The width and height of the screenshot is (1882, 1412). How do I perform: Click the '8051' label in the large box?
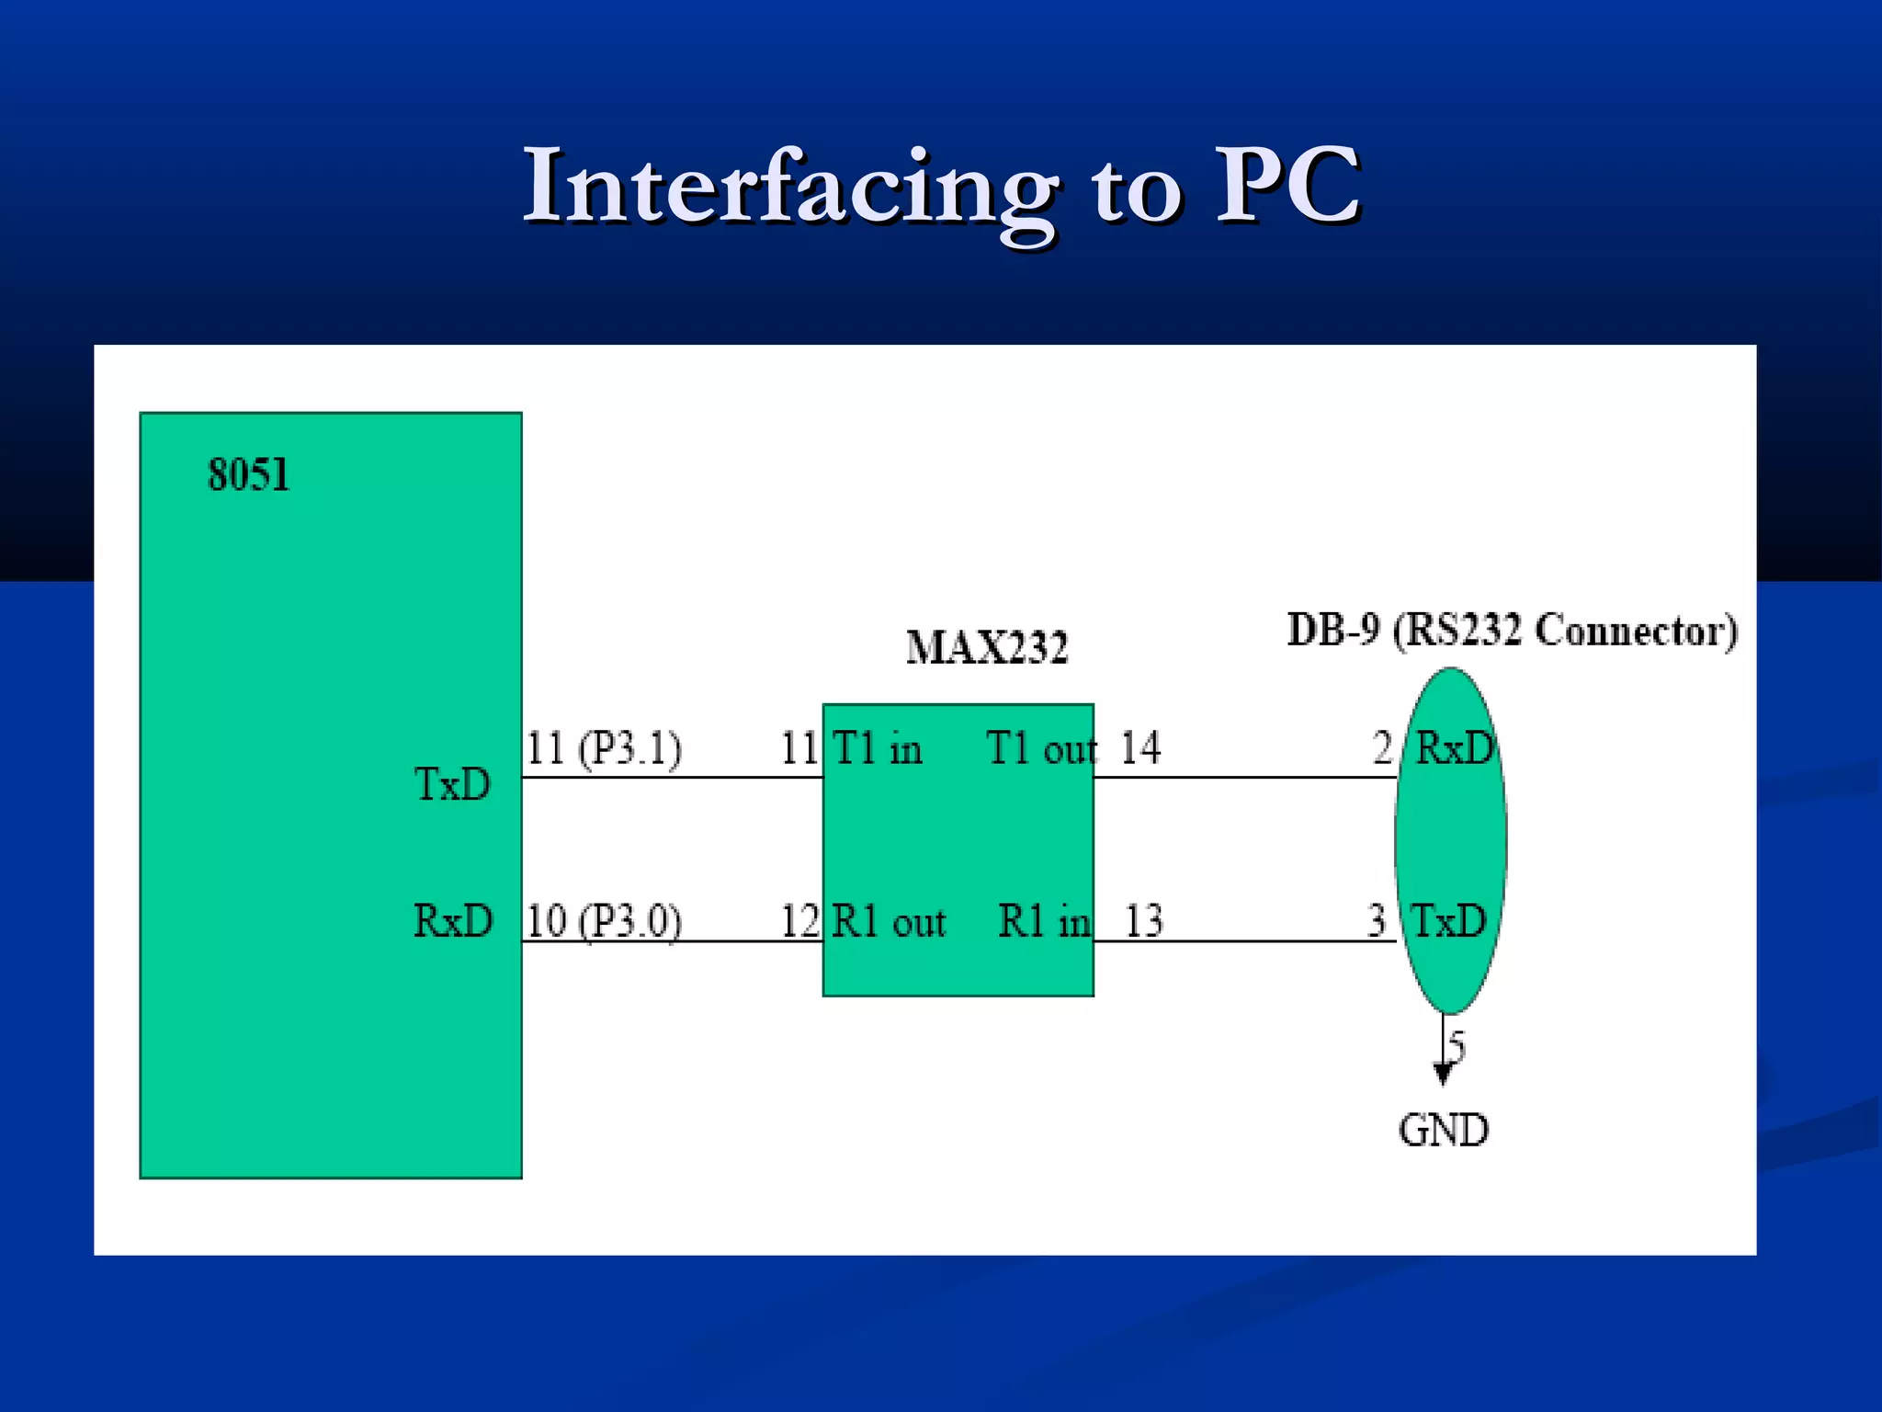pyautogui.click(x=248, y=475)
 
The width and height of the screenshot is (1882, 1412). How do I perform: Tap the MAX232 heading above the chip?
pyautogui.click(x=987, y=648)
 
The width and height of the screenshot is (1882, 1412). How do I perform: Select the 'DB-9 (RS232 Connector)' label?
pyautogui.click(x=1512, y=632)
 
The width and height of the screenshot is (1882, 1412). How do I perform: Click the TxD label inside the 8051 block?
pyautogui.click(x=452, y=785)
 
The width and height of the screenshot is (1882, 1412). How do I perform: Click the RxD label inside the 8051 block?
pyautogui.click(x=453, y=921)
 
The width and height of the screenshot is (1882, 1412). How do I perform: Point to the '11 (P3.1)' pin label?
pyautogui.click(x=604, y=748)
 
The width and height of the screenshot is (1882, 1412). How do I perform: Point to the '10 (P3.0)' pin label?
pyautogui.click(x=604, y=921)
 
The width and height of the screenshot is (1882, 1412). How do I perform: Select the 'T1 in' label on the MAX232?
pyautogui.click(x=877, y=748)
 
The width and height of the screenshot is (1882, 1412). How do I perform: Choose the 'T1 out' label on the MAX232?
pyautogui.click(x=1041, y=748)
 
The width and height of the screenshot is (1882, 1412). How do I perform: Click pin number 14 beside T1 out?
pyautogui.click(x=1140, y=748)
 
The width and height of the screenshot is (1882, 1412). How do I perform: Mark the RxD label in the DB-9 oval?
pyautogui.click(x=1455, y=748)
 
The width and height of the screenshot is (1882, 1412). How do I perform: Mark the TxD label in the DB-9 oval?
pyautogui.click(x=1449, y=921)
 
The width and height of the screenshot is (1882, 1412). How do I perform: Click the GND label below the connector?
pyautogui.click(x=1443, y=1131)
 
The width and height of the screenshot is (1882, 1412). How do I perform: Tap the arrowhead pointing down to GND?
pyautogui.click(x=1443, y=1074)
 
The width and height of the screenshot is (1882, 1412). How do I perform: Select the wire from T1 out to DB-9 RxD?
pyautogui.click(x=1245, y=778)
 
